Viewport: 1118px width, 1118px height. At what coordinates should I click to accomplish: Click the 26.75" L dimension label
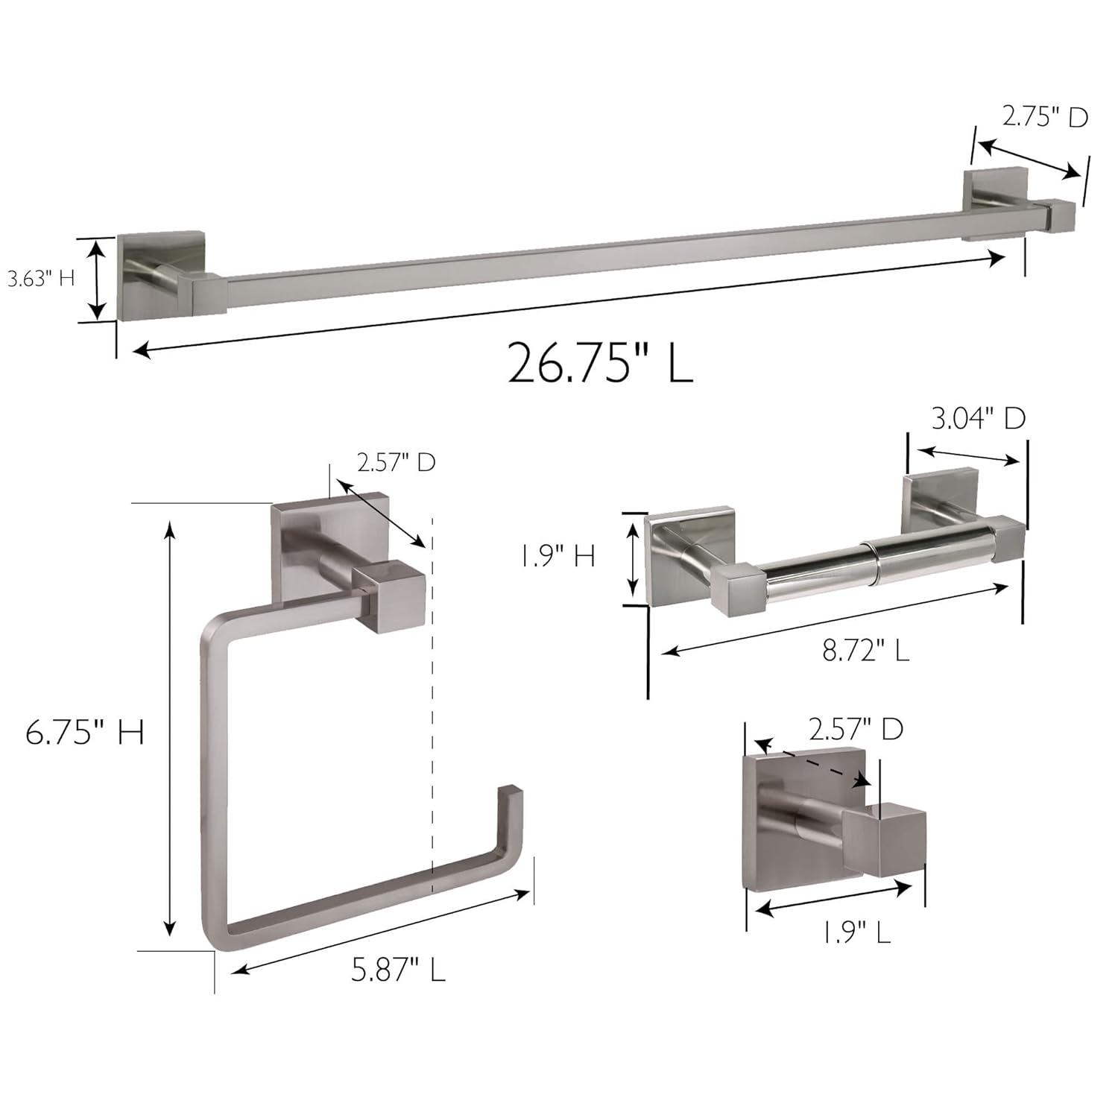(600, 362)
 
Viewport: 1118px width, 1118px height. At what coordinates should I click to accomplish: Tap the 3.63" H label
(42, 279)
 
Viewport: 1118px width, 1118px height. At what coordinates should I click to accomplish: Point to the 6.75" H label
(84, 733)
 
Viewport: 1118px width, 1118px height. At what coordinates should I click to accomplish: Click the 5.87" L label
(398, 970)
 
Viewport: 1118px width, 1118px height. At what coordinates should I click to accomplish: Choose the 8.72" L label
(865, 651)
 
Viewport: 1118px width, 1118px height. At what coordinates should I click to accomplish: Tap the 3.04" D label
(978, 419)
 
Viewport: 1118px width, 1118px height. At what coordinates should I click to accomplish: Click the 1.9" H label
(558, 556)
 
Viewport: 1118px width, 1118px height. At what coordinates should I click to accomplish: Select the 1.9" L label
(856, 932)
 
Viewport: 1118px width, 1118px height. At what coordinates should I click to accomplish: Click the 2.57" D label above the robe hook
(856, 729)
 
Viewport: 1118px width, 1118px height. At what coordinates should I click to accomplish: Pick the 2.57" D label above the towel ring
(396, 463)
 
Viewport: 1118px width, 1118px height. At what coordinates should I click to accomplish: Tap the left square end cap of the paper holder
(736, 589)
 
